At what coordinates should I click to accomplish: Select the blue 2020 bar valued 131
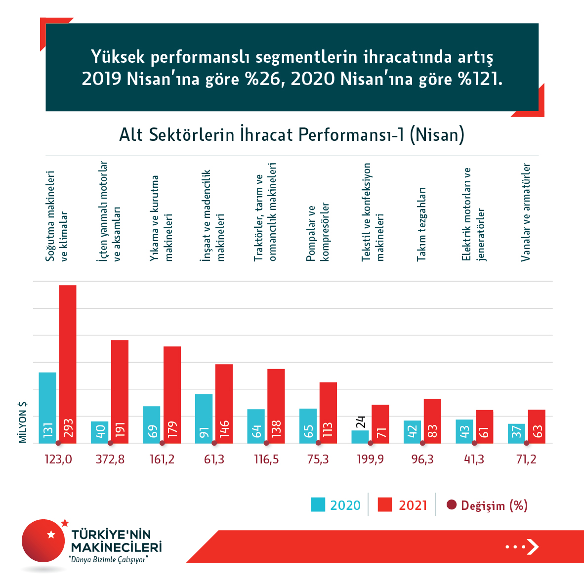point(47,408)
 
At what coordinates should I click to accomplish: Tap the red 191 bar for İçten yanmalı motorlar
point(120,391)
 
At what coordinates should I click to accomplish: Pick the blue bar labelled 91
point(204,418)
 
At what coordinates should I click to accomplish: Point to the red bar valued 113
point(328,413)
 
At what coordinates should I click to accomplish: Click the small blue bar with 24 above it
point(360,437)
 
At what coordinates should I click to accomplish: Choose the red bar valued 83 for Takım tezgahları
point(432,421)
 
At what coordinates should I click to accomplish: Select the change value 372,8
point(110,459)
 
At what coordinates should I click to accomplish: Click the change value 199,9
point(370,459)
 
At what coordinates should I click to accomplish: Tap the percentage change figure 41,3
point(474,459)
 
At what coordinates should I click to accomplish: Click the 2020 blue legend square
point(318,504)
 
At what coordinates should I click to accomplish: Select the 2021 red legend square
point(385,504)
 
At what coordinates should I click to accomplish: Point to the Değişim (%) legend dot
point(451,505)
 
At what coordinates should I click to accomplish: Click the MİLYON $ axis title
point(23,422)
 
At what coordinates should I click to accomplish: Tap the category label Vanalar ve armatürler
point(526,212)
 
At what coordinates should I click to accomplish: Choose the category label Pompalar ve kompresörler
point(318,232)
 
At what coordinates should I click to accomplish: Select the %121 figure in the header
point(480,79)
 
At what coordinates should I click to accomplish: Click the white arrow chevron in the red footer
point(532,546)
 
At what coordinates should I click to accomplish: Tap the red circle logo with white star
point(44,541)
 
